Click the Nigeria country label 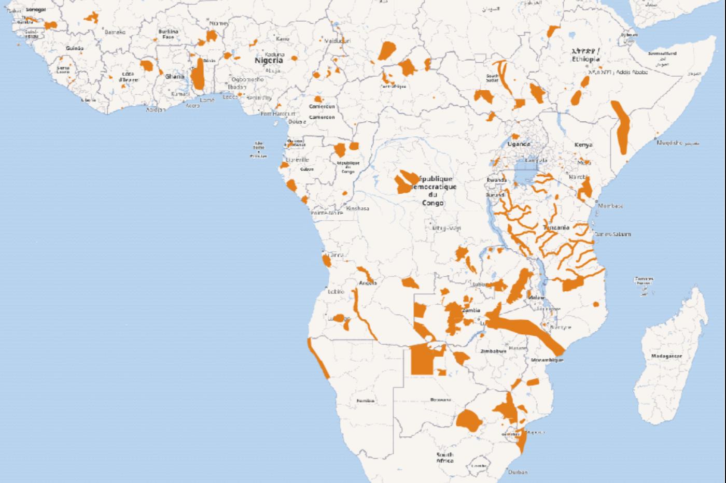coord(269,60)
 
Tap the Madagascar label coord(666,356)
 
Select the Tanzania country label coord(556,228)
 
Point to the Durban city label coord(518,472)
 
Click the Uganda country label coord(519,144)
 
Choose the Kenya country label coord(583,145)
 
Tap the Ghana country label coord(175,76)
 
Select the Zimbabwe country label coord(493,351)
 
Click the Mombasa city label coord(610,206)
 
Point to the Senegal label coord(35,10)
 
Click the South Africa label coord(444,457)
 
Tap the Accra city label coord(192,106)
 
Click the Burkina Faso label coord(168,34)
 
